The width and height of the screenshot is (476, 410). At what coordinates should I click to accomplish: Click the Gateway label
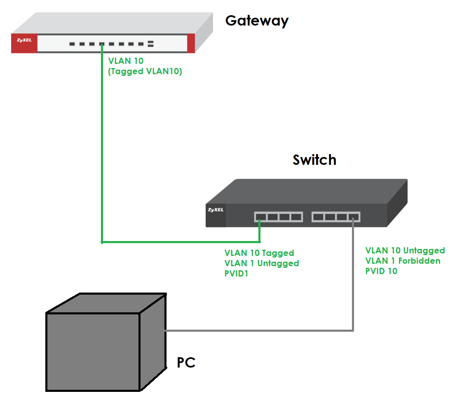click(257, 21)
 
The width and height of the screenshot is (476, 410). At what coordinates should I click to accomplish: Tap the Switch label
click(314, 160)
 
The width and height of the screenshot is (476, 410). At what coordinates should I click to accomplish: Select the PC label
click(186, 363)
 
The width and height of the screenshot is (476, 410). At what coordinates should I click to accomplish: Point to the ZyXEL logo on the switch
click(216, 210)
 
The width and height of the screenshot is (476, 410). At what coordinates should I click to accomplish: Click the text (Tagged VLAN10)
click(145, 71)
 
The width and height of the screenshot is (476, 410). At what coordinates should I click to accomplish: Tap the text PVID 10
click(381, 271)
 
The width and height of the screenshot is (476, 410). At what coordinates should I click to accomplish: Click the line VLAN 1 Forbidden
click(403, 261)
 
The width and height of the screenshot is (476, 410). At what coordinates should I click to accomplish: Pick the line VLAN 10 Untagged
click(405, 251)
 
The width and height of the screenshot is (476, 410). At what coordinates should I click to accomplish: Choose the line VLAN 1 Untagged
click(262, 263)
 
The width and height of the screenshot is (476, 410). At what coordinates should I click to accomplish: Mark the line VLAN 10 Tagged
click(259, 253)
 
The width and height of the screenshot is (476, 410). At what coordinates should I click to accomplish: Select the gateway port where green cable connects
click(101, 44)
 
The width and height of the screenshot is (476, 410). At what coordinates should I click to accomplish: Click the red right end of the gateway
click(191, 43)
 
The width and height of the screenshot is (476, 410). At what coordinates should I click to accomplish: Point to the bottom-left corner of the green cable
click(102, 242)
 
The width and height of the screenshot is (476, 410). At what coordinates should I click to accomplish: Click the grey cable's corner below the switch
click(353, 330)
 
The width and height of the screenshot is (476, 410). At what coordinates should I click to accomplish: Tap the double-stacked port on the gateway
click(150, 44)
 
